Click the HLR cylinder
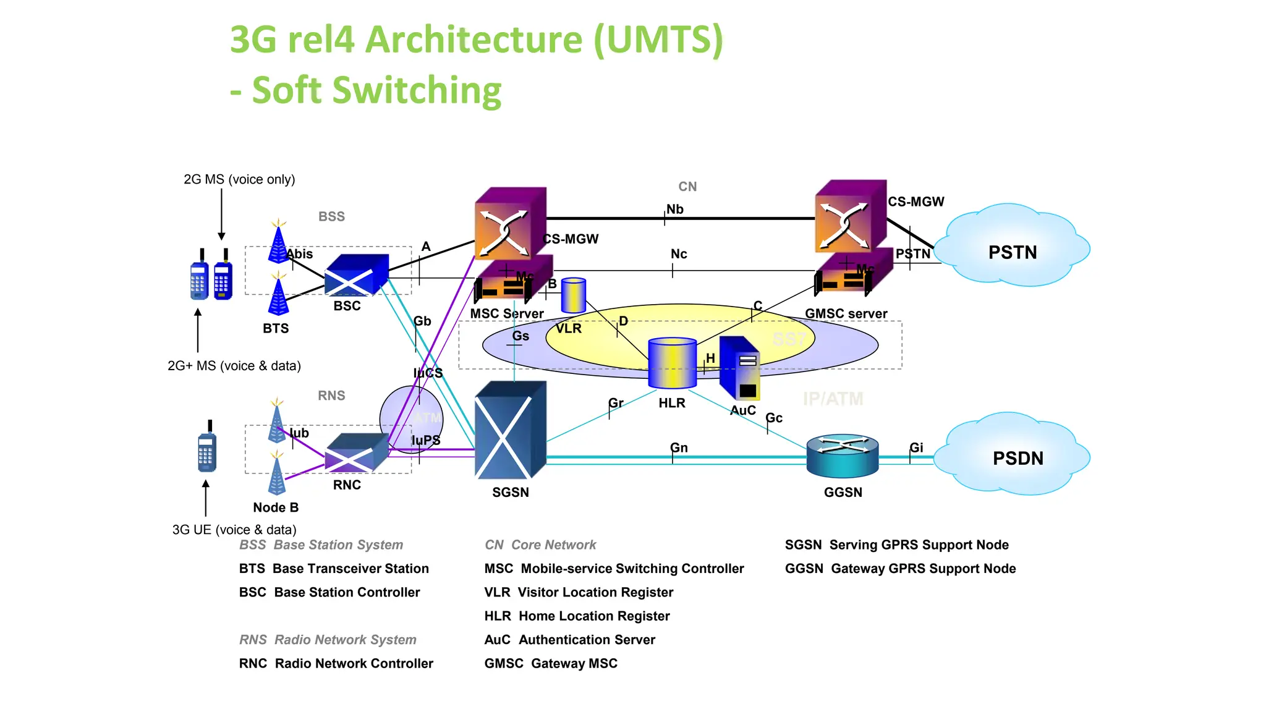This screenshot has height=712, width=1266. point(672,363)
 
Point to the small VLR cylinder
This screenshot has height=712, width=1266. point(573,295)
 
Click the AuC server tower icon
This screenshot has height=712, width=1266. point(740,369)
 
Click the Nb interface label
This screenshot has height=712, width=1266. point(675,210)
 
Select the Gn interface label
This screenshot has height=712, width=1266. point(679,447)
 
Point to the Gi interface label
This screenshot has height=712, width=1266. point(916,447)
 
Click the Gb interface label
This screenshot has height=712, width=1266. point(422,321)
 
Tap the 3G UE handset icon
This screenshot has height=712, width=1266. point(207,448)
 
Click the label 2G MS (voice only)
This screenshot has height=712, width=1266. point(239,179)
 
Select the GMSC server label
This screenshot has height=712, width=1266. point(846,313)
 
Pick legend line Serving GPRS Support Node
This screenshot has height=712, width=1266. point(896,545)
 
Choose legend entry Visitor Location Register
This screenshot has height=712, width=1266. point(579,592)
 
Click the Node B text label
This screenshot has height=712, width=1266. point(276,507)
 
